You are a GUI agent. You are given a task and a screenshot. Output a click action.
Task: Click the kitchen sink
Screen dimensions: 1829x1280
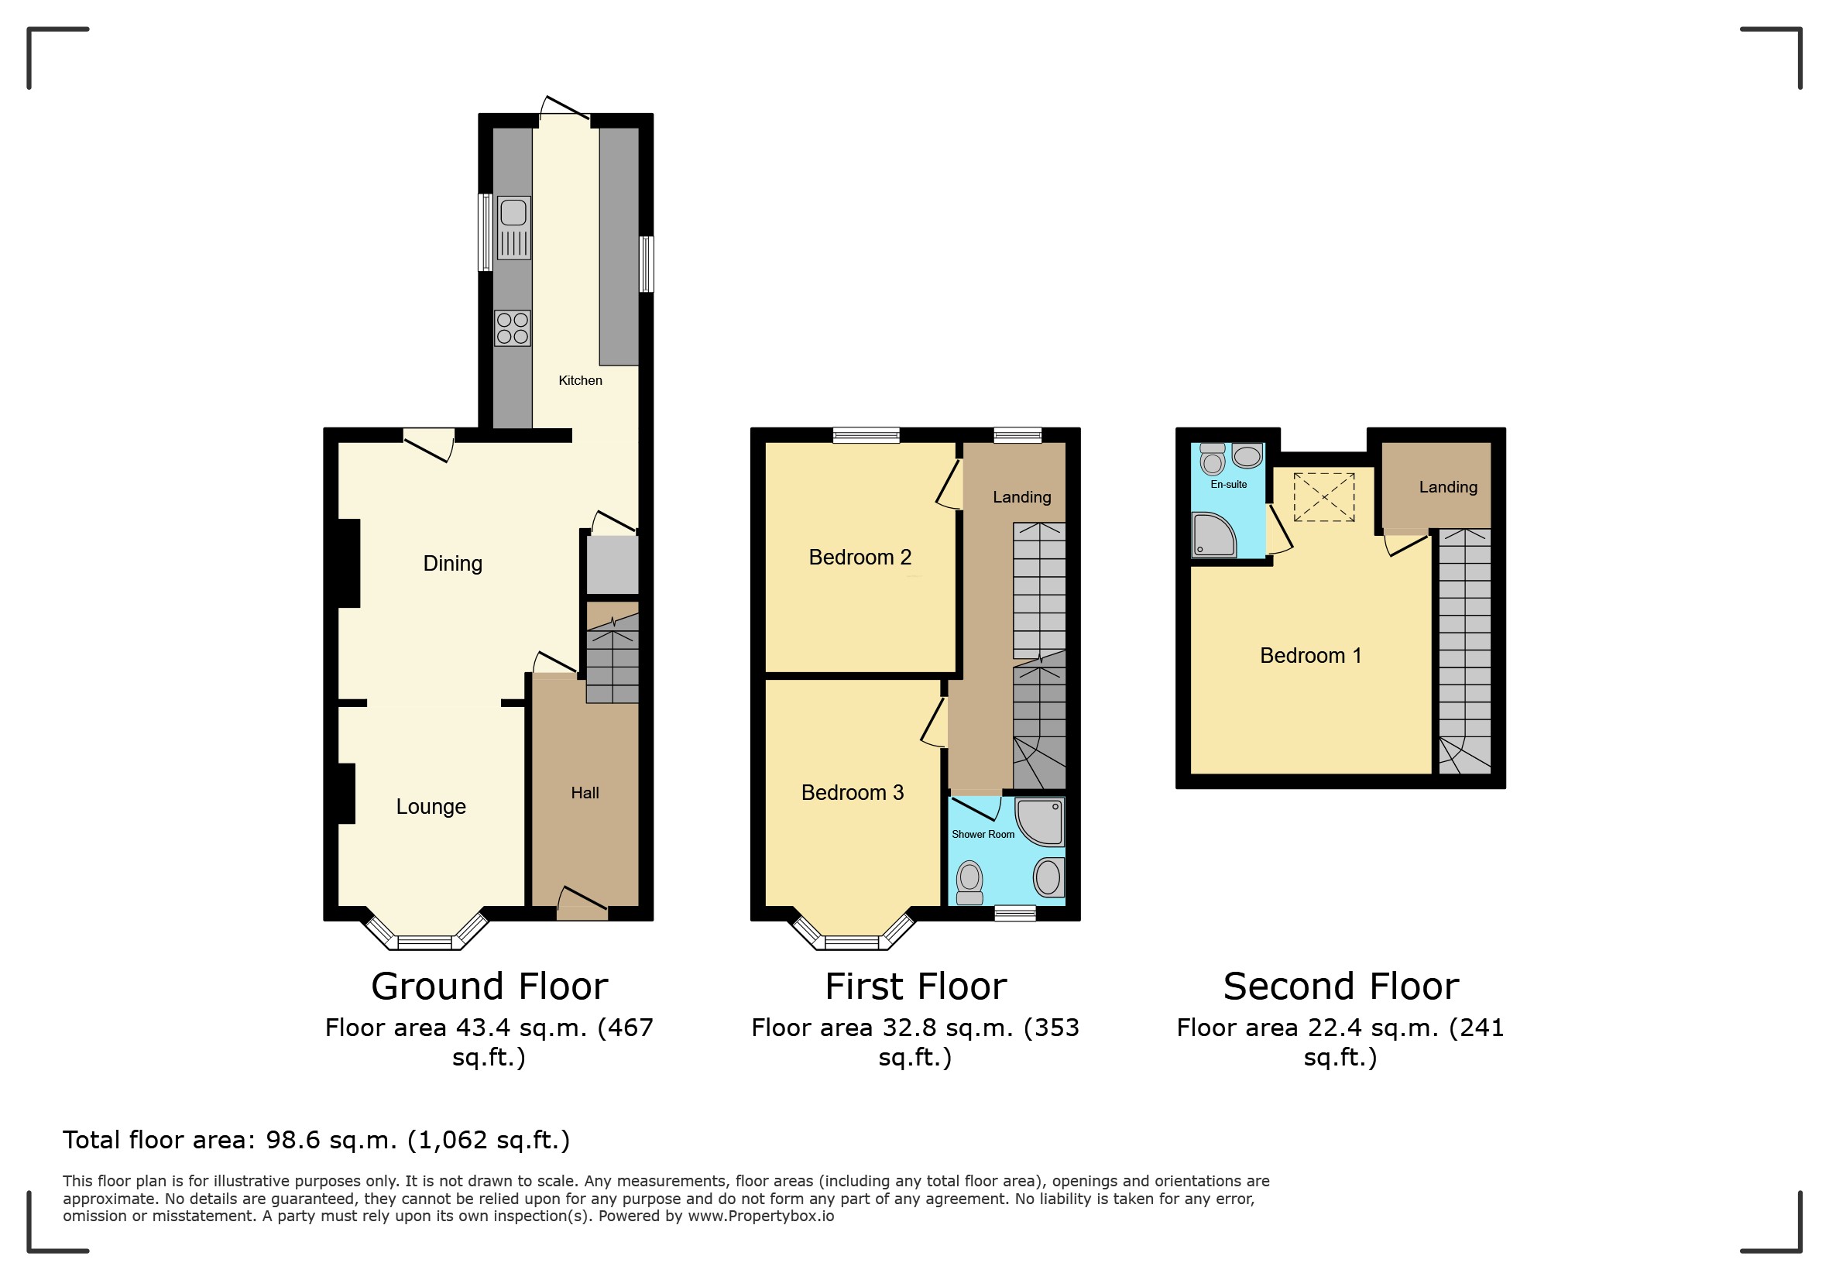coord(513,228)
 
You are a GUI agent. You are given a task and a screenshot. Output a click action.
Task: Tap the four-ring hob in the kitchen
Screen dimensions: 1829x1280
coord(512,328)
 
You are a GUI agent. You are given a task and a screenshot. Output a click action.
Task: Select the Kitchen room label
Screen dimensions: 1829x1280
coord(580,381)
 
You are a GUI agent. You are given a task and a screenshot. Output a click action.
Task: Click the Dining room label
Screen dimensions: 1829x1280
coord(452,564)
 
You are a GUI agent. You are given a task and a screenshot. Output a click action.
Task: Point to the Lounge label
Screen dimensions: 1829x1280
coord(431,807)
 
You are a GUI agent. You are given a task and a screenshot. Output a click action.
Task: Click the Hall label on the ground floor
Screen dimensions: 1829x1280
coord(585,794)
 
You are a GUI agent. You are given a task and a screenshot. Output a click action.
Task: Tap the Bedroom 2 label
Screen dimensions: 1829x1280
coord(860,558)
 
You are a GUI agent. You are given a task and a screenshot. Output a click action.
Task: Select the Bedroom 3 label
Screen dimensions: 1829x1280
coord(853,792)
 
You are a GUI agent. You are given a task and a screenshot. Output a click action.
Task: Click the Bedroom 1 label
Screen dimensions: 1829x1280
coord(1310,656)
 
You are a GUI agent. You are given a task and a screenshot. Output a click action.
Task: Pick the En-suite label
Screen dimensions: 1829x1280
coord(1228,484)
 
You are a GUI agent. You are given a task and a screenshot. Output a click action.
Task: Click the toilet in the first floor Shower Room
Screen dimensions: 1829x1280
coord(969,883)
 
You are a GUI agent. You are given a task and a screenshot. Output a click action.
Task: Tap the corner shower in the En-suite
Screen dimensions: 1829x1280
coord(1213,534)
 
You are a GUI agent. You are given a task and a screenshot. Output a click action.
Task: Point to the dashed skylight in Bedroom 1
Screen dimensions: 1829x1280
coord(1324,497)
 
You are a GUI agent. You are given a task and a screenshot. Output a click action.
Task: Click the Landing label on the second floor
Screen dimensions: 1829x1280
coord(1448,488)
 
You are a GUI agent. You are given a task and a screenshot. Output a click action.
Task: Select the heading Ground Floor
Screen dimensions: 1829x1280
coord(489,987)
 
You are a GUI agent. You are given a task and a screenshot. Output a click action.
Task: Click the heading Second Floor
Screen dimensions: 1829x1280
coord(1340,987)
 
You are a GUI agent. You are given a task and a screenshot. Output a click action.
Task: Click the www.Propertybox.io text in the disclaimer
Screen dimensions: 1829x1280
coord(760,1217)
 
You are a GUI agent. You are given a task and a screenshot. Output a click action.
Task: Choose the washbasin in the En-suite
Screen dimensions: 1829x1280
coord(1247,455)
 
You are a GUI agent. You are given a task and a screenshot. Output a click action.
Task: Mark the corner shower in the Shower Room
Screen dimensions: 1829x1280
coord(1040,822)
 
